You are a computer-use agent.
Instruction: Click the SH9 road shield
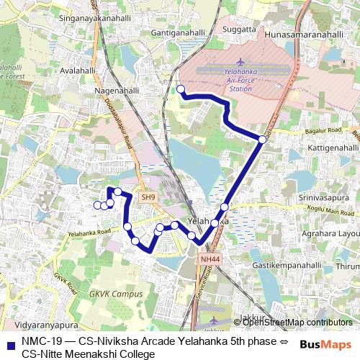click(148, 197)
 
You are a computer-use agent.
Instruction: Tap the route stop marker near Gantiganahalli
click(181, 89)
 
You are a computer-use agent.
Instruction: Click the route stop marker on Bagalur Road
click(263, 139)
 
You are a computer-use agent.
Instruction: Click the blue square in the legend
click(10, 343)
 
